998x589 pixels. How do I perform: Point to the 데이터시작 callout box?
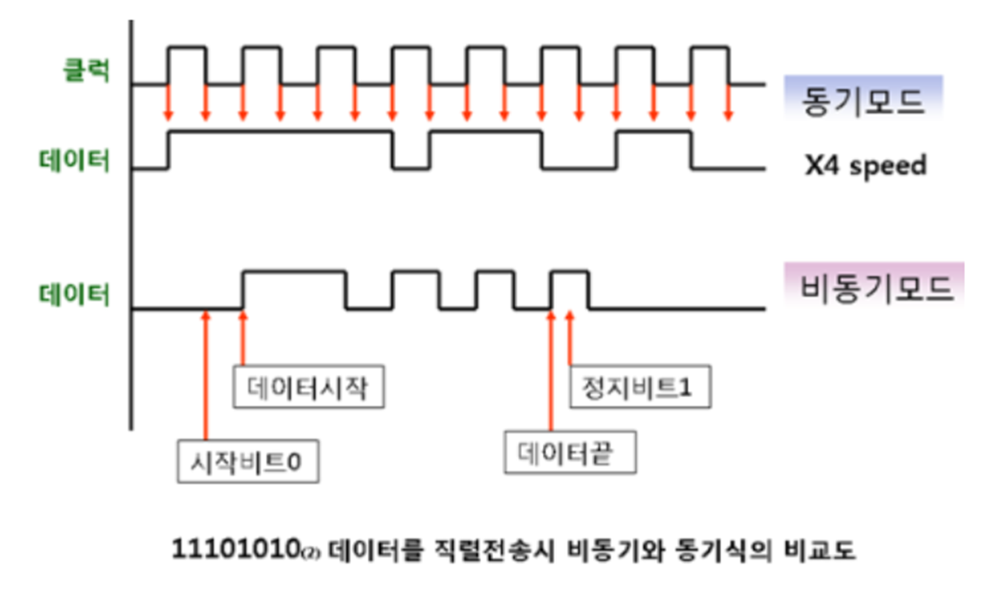coord(310,389)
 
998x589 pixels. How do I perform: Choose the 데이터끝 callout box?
coord(570,454)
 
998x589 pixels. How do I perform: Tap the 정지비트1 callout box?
coord(641,388)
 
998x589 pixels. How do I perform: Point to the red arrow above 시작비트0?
coord(205,373)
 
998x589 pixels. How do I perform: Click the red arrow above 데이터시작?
coord(243,338)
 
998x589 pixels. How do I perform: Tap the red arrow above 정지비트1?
coord(570,338)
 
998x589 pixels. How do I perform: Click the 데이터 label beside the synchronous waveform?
coord(75,160)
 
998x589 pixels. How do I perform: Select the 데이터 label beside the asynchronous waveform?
coord(75,295)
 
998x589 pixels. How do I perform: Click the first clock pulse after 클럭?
coord(186,65)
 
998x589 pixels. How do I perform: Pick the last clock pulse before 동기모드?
coord(710,65)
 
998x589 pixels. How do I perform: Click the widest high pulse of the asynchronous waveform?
coord(295,289)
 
